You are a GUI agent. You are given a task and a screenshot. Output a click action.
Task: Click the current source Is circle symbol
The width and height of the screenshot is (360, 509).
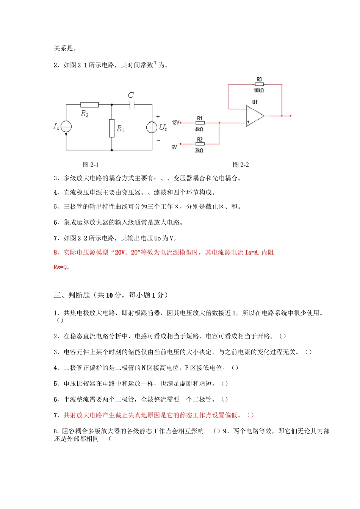(x=66, y=127)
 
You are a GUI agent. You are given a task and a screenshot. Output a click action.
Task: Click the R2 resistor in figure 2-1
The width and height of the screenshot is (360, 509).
(x=89, y=105)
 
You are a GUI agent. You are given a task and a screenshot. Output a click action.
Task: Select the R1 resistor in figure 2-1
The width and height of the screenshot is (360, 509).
(x=112, y=128)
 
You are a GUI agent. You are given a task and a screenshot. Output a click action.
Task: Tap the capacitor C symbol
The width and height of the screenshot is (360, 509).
(x=131, y=105)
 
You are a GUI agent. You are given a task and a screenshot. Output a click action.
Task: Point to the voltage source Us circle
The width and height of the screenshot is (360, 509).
(x=152, y=127)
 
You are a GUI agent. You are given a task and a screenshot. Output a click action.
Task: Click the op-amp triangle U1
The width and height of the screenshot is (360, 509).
(x=254, y=116)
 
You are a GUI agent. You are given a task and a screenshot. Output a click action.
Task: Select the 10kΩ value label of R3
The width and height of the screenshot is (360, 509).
(x=259, y=91)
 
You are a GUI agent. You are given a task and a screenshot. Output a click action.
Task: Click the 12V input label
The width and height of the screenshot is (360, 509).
(x=175, y=123)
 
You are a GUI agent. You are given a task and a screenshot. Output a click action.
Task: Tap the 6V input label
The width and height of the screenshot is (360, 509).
(x=174, y=147)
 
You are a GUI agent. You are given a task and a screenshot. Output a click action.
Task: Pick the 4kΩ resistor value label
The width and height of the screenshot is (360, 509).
(x=199, y=129)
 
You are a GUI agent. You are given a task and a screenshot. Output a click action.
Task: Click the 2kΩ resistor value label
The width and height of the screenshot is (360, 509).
(x=199, y=150)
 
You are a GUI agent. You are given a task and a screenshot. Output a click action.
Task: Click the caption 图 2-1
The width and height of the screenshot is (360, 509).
(x=91, y=165)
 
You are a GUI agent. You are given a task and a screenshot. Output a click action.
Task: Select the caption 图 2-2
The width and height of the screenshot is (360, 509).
(x=241, y=165)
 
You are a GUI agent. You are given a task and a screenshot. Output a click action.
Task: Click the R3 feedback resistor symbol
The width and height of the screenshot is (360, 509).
(x=259, y=84)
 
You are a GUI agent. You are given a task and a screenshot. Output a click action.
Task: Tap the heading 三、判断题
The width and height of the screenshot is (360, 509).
(x=72, y=295)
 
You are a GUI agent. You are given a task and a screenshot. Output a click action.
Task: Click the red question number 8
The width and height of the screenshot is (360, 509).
(x=56, y=253)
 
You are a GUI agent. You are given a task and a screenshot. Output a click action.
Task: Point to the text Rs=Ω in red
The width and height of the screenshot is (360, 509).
(x=62, y=267)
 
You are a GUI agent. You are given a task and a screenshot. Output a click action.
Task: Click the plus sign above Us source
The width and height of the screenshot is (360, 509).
(x=158, y=117)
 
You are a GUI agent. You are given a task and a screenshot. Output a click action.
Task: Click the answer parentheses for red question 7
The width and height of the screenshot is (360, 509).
(x=250, y=415)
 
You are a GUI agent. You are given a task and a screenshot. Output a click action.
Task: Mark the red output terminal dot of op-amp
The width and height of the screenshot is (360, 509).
(x=290, y=116)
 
